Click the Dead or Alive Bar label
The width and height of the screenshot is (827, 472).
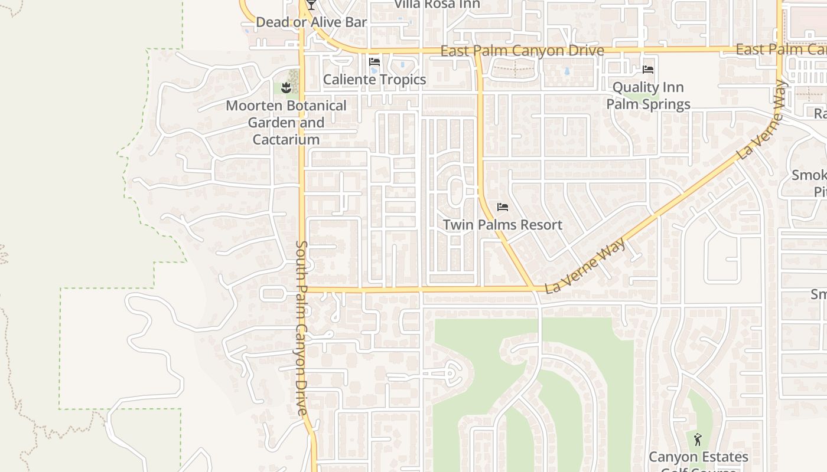point(311,22)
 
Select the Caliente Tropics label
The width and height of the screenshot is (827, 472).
point(375,80)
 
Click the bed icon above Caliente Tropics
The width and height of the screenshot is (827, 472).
point(374,62)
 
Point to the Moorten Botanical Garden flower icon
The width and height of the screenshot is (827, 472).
point(286,88)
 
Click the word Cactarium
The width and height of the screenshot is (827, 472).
point(286,140)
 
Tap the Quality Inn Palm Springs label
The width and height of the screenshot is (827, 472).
point(648,96)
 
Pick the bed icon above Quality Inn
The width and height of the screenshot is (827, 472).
point(648,70)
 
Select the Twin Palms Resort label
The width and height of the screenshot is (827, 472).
point(503,225)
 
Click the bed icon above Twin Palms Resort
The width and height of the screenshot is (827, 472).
point(503,207)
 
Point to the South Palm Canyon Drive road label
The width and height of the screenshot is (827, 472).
point(302,327)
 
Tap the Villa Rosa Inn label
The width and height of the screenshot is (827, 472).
point(437,4)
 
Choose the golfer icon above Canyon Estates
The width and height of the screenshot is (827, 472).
point(698,440)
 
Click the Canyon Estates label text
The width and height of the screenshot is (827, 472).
point(698,457)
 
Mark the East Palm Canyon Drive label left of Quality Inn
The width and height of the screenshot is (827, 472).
point(522,51)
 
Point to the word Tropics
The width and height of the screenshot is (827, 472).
point(403,80)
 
